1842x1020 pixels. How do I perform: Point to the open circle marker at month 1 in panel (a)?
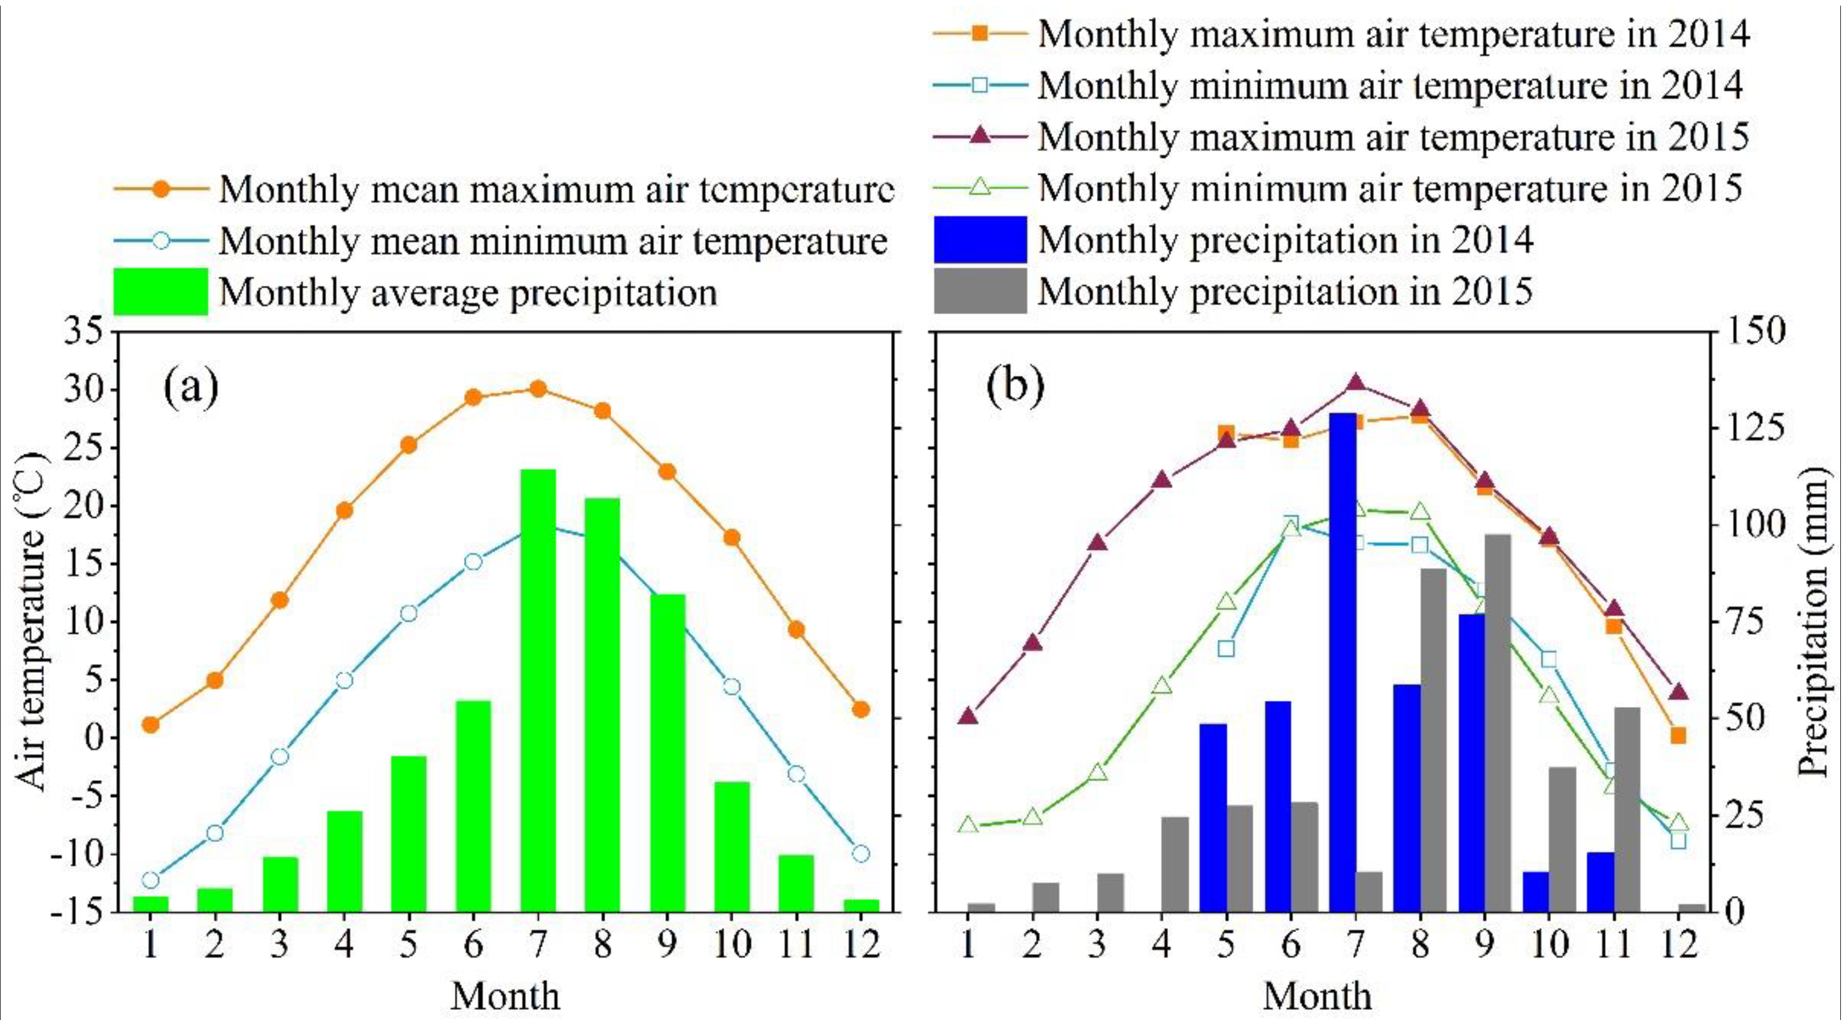(150, 879)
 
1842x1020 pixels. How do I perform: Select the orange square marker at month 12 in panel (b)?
(1678, 735)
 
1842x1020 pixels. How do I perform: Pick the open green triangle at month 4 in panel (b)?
(1162, 686)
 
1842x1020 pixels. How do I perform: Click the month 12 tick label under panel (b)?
(1678, 946)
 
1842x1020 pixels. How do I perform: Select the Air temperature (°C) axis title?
(30, 622)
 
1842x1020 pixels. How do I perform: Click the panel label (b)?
(1015, 386)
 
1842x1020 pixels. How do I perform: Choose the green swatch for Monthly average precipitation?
(160, 292)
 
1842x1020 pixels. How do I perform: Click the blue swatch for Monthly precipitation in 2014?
(979, 239)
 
